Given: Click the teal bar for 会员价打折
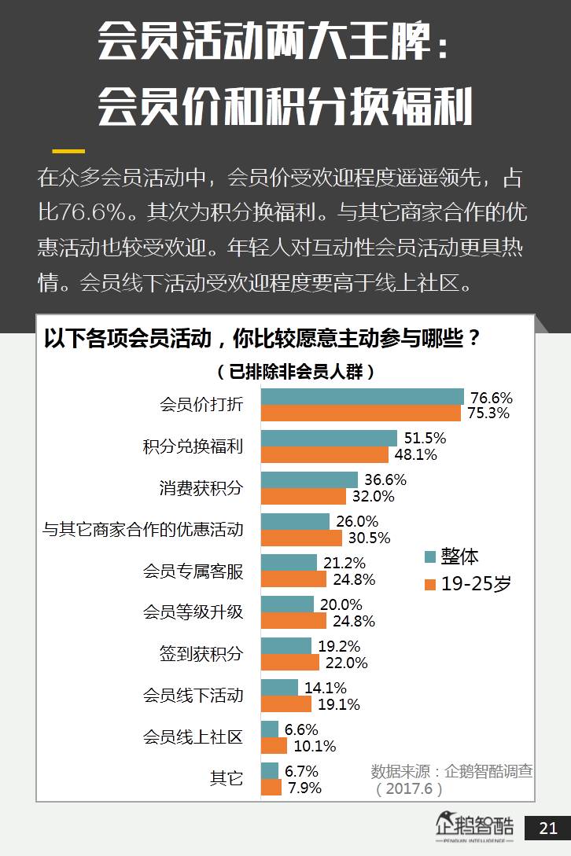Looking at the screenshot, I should [x=362, y=396].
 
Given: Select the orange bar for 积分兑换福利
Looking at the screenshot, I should [x=324, y=454].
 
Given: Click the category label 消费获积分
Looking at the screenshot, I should [x=201, y=488].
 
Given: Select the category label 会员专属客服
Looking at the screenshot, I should [x=193, y=571].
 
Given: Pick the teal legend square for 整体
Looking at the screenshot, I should [x=430, y=557].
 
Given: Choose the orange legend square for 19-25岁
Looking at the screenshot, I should [x=430, y=584].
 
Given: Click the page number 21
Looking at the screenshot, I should [x=548, y=828].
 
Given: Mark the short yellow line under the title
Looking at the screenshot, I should [x=68, y=150].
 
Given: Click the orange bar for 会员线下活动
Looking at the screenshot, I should [x=286, y=704].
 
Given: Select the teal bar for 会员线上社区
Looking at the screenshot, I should [x=269, y=729].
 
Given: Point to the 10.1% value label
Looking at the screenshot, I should [x=314, y=746].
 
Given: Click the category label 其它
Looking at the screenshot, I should [x=226, y=778].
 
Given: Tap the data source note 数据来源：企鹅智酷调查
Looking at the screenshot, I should [x=451, y=771].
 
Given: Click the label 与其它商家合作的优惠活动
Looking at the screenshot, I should [x=143, y=530].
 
